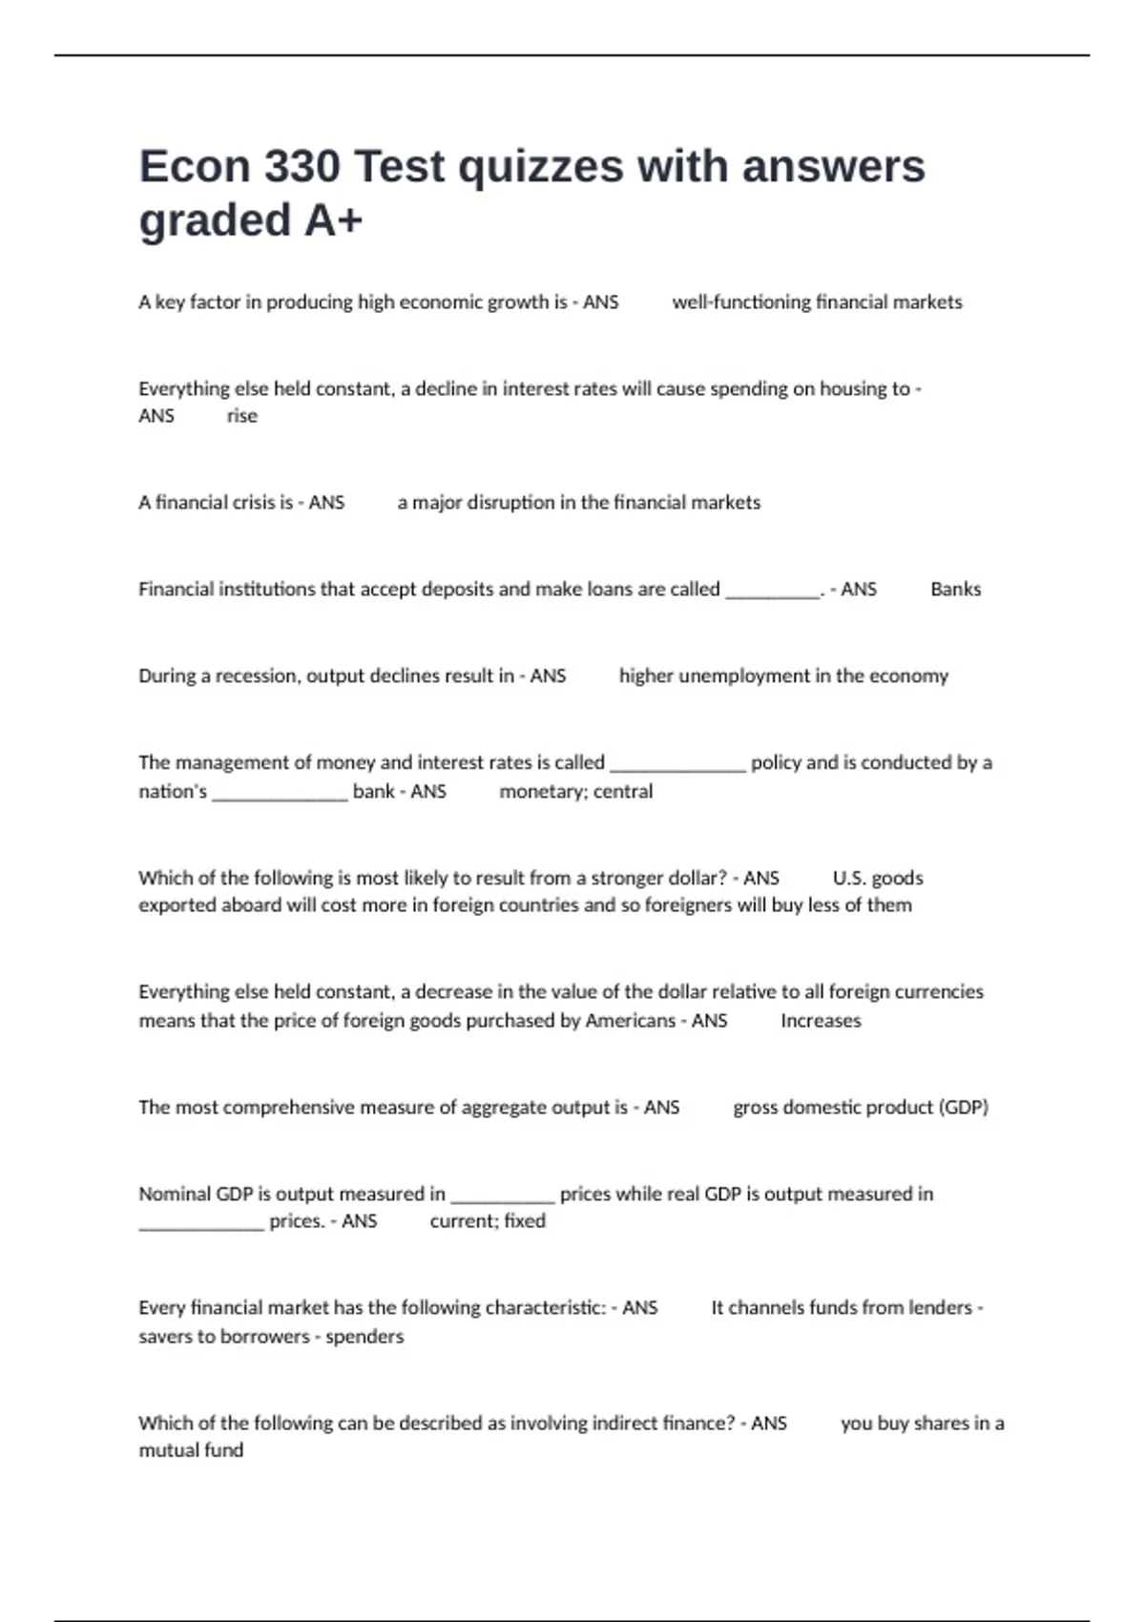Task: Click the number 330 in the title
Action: tap(302, 166)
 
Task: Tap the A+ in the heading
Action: tap(333, 220)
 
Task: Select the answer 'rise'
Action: tap(242, 416)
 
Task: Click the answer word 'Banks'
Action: tap(955, 590)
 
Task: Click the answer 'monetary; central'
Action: tap(576, 792)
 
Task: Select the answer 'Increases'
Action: tap(821, 1021)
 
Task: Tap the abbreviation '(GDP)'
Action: tap(964, 1108)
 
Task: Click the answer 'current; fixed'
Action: tap(488, 1221)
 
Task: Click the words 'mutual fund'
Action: tap(191, 1450)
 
